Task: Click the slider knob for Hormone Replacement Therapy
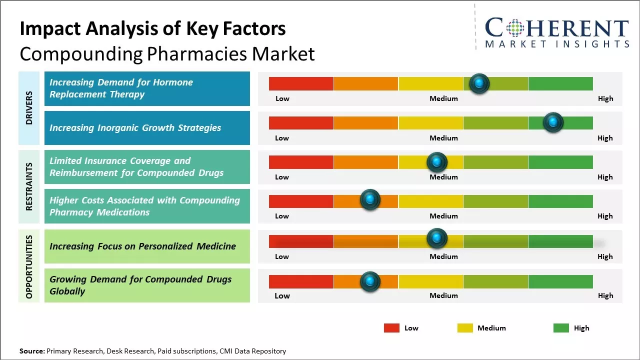(479, 83)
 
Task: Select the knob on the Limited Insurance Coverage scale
(437, 162)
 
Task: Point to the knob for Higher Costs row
(370, 200)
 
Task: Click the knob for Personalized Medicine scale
(437, 238)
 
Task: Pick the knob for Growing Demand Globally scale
(370, 281)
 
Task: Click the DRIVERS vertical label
(29, 107)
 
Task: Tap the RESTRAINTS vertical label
(29, 186)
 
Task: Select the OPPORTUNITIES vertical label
(29, 266)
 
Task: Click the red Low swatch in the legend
(391, 328)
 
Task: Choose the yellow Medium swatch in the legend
(465, 328)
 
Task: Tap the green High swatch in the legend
(561, 328)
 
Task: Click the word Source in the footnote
(31, 351)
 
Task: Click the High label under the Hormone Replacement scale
(605, 98)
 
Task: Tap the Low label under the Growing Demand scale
(282, 295)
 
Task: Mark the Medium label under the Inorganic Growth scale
(443, 138)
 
